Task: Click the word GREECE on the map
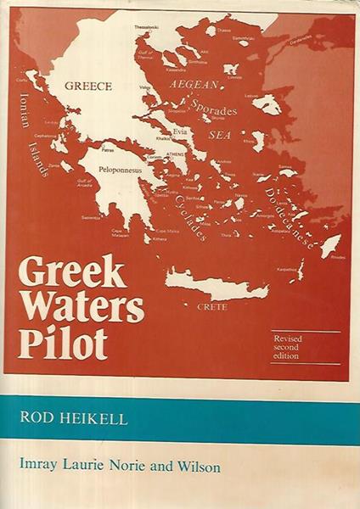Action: click(x=84, y=86)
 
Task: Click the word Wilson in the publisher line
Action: click(x=229, y=467)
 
